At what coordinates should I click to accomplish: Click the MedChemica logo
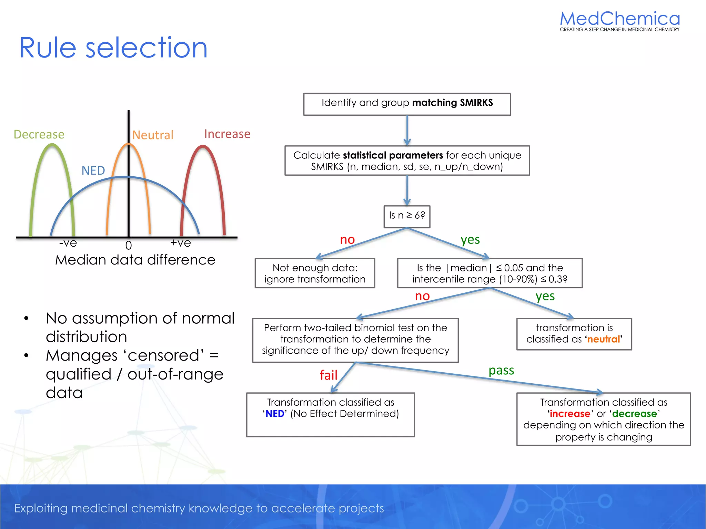coord(619,21)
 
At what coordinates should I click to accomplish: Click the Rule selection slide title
coord(113,48)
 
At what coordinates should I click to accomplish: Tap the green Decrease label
coord(39,134)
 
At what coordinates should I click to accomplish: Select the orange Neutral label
coord(153,135)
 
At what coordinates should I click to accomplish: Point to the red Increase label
coord(227,134)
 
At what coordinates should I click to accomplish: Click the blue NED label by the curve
coord(93,170)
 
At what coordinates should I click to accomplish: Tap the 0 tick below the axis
coord(129,246)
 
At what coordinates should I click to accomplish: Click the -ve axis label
coord(68,243)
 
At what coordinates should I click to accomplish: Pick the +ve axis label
coord(180,243)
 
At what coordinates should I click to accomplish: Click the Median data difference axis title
coord(135,260)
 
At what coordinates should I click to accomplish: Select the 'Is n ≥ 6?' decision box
coord(407,216)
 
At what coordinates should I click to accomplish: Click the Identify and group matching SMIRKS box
coord(407,104)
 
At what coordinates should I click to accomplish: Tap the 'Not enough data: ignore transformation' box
coord(315,273)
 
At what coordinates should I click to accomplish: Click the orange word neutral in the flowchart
coord(604,339)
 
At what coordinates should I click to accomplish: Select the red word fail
coord(328,375)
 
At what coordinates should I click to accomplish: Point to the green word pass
coord(501,371)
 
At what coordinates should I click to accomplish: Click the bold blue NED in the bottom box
coord(275,414)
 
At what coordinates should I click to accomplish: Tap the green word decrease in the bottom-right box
coord(634,414)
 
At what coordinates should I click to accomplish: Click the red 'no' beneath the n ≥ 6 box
coord(347,240)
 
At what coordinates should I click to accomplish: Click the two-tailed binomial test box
coord(355,340)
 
